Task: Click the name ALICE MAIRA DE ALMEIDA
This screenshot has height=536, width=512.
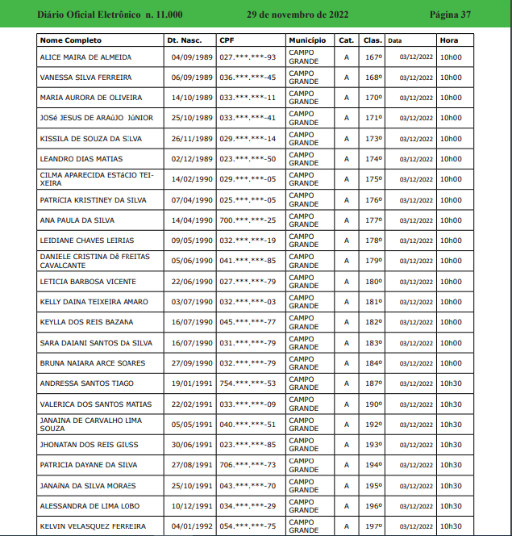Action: (85, 57)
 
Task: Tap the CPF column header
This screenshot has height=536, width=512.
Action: (227, 40)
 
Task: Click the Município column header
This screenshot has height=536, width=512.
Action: (307, 40)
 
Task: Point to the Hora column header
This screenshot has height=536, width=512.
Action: (449, 40)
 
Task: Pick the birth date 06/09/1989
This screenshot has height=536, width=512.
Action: (191, 77)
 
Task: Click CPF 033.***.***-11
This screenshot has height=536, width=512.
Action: (248, 98)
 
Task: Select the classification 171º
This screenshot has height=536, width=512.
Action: (373, 118)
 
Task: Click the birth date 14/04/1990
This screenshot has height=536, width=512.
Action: (191, 220)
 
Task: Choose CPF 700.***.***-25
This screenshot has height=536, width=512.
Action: (248, 220)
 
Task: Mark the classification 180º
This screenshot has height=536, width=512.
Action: (373, 282)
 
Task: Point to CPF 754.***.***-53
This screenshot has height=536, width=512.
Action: (248, 383)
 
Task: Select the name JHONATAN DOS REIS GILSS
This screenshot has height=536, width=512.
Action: (89, 445)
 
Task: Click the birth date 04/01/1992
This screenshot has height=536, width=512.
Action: (191, 526)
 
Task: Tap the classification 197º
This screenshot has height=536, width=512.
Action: (373, 526)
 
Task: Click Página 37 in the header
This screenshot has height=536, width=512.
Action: (472, 15)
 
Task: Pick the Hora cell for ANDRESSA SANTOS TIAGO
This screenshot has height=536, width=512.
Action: (451, 383)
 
